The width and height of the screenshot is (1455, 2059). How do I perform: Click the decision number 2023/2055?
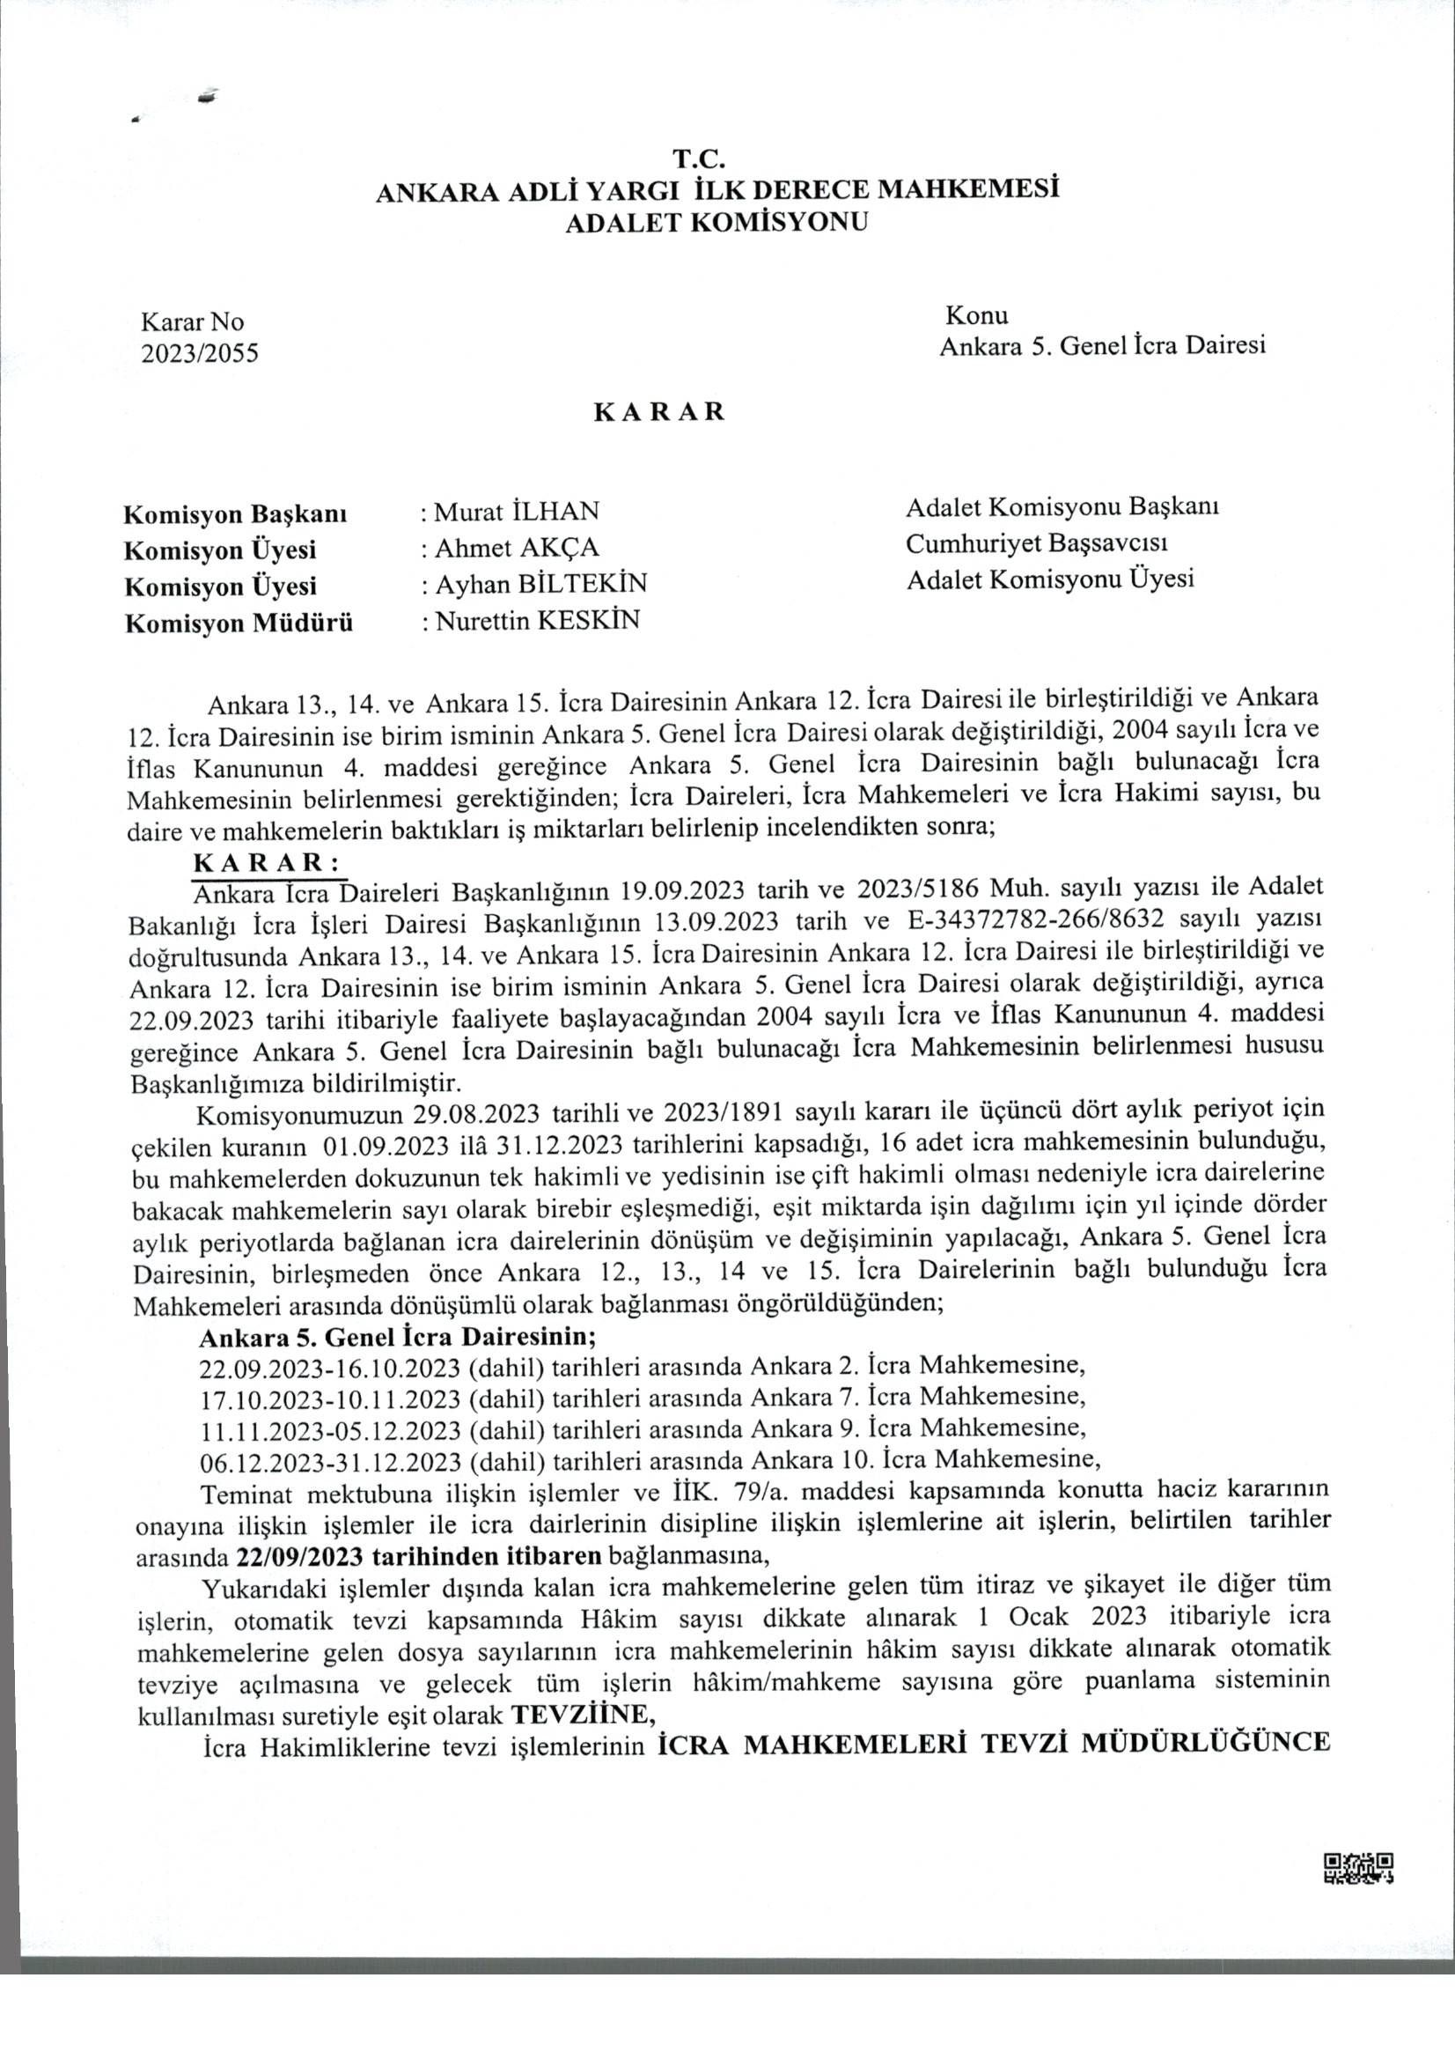pos(200,353)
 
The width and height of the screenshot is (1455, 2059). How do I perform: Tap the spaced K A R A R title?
pos(659,411)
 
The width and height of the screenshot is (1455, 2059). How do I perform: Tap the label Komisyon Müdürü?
pos(239,624)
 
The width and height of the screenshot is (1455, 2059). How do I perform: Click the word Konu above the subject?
pos(976,315)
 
